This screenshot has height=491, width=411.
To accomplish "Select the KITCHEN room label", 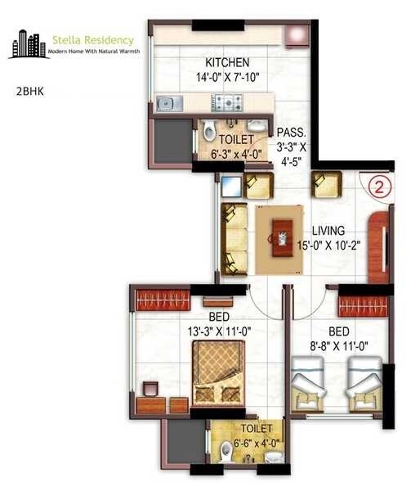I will point(227,63).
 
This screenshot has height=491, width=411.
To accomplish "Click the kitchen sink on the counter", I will point(169,103).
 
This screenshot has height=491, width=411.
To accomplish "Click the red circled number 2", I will point(377,186).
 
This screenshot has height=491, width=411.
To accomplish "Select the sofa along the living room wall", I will point(235,239).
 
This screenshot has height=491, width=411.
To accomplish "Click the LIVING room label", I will point(327,231).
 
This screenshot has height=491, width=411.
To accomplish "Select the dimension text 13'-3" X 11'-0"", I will point(220,331).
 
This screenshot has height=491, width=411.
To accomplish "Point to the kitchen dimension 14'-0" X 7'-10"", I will point(227,78).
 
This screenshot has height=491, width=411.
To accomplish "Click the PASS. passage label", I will point(291,132).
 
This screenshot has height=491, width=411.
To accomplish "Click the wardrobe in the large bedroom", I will point(162,300).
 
